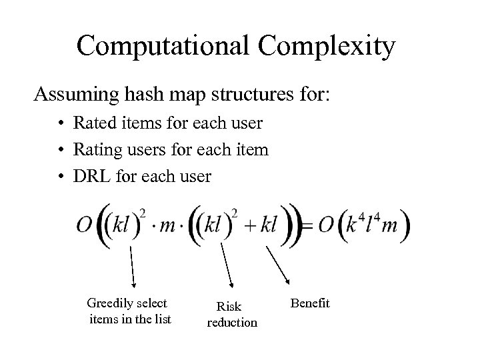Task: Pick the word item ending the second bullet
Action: pos(252,150)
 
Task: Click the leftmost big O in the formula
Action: pos(85,228)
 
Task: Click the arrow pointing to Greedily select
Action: pos(132,267)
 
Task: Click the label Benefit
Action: pos(311,303)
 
